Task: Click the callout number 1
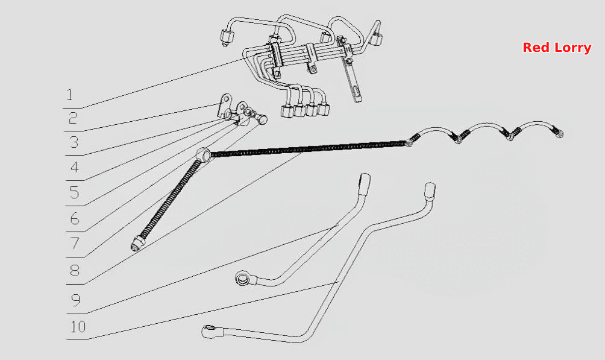click(x=69, y=95)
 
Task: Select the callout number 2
click(x=73, y=118)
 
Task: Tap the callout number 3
click(x=74, y=142)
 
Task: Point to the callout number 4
click(x=75, y=167)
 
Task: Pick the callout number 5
click(x=75, y=192)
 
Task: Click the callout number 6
click(x=75, y=219)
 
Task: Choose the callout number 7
click(x=75, y=244)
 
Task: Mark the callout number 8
click(x=75, y=270)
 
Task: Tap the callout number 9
click(x=76, y=299)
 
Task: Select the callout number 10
click(x=78, y=327)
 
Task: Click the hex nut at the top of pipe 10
click(x=430, y=191)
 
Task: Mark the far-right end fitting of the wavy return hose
click(x=559, y=133)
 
